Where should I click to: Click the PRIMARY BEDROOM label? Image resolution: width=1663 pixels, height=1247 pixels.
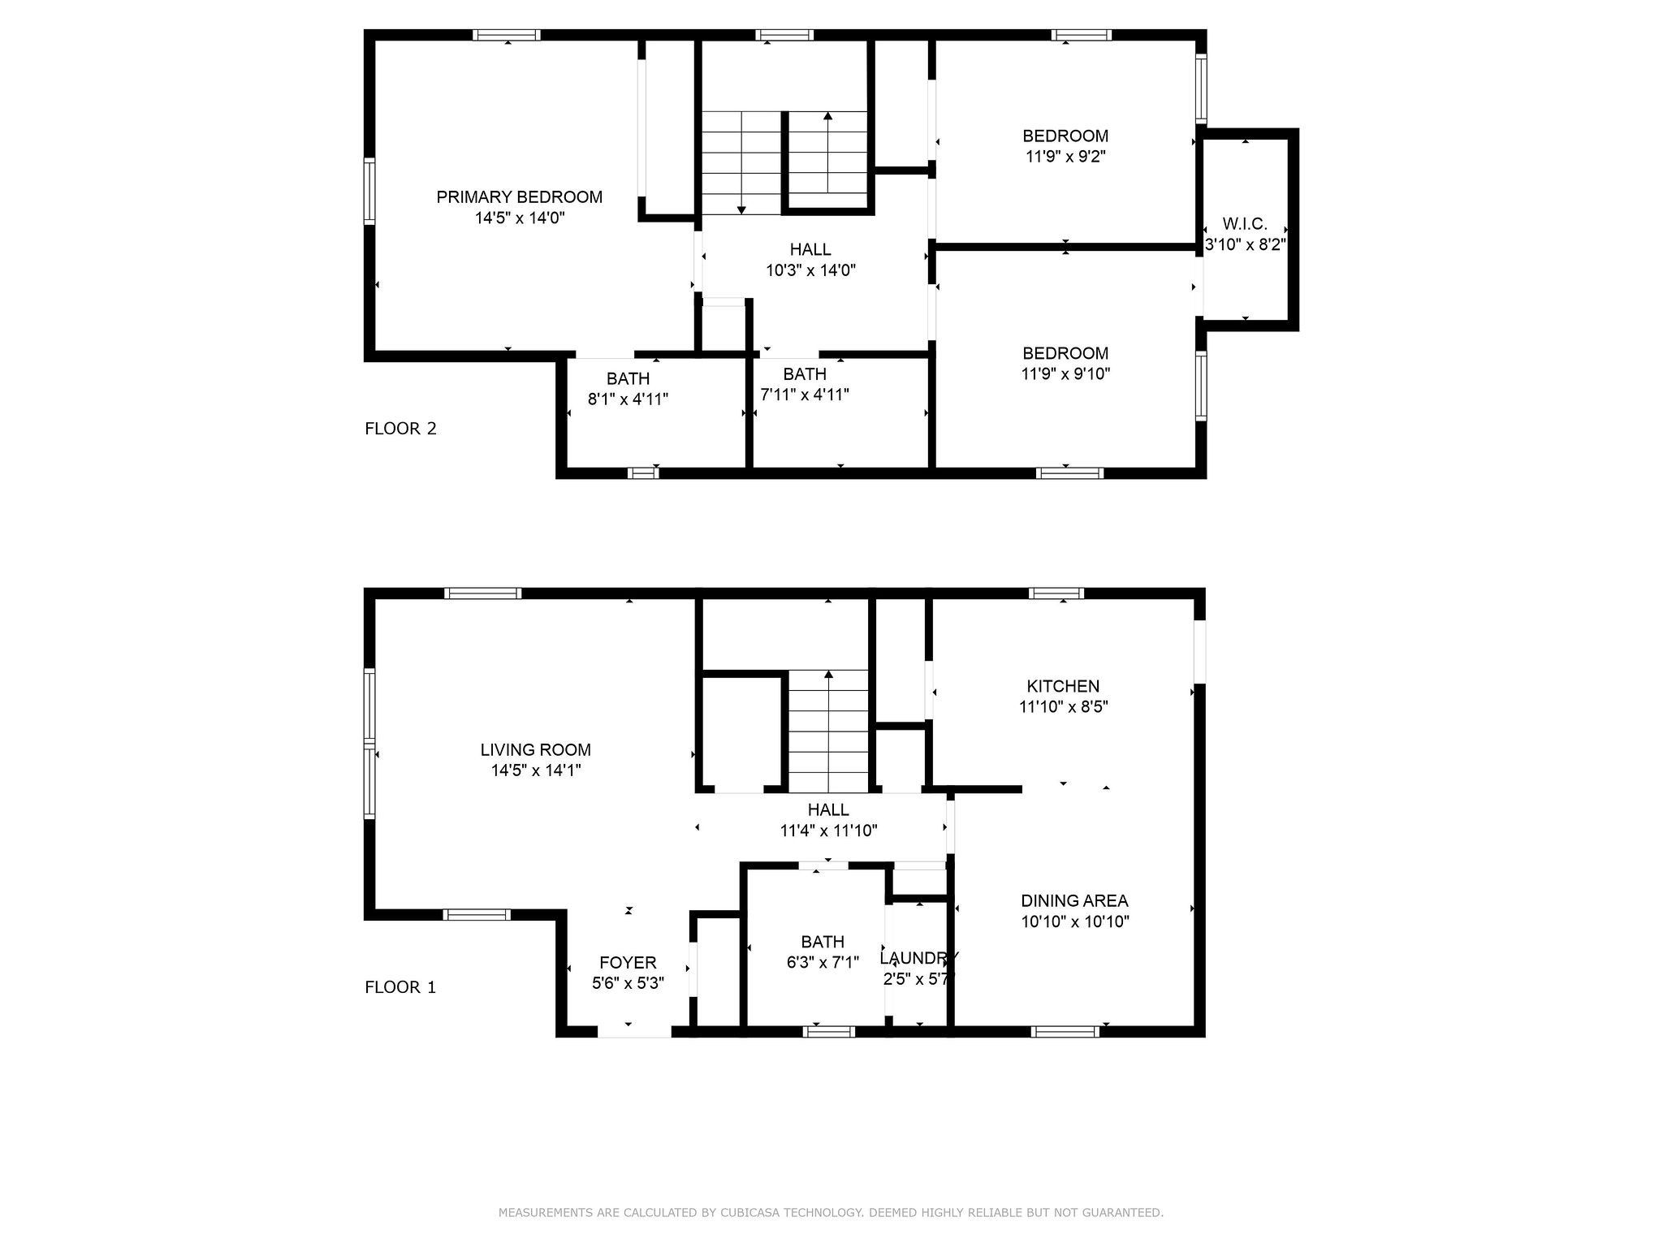520,197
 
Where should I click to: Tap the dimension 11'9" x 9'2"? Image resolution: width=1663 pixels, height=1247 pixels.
1065,157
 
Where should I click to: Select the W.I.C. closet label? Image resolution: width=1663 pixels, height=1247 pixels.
1245,224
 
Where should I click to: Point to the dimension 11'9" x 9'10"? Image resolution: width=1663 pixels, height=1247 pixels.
1065,374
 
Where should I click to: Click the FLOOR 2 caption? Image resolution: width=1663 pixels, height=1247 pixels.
400,429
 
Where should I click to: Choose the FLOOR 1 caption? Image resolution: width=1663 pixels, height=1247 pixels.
400,987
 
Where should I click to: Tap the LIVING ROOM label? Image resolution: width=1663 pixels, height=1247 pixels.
536,750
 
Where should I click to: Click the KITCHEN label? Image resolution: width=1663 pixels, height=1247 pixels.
1064,686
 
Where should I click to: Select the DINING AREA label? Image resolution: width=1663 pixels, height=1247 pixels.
1074,900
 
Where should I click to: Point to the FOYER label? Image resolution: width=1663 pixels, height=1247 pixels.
628,963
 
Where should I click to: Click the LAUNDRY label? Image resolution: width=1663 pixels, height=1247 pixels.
919,958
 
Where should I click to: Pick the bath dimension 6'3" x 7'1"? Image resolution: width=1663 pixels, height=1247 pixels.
823,963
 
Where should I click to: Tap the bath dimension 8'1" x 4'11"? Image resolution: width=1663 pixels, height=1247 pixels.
628,399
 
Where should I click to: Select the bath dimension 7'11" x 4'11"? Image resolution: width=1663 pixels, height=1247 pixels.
805,395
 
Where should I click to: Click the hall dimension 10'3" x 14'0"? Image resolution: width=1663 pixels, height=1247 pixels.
810,270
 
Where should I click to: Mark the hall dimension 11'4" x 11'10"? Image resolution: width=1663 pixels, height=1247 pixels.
828,831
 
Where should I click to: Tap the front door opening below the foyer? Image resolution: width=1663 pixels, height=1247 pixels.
635,1032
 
